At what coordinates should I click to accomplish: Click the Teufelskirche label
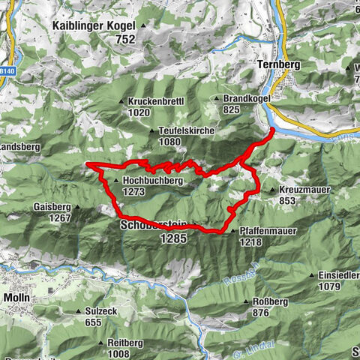187,130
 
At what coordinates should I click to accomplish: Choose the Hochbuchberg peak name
148,181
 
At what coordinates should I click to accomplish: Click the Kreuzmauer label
304,190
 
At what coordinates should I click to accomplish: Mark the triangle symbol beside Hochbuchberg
115,181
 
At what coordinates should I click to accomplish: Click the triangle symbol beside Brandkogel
217,99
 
